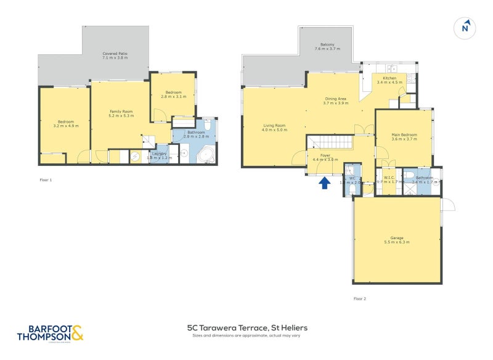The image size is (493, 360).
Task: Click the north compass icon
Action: point(466,27)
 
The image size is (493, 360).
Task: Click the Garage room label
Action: point(397,237)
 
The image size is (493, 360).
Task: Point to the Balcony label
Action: point(327,45)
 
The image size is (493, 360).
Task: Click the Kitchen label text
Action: point(389,78)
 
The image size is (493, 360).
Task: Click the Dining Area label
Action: point(336,99)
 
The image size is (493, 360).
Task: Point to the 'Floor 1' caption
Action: point(46,180)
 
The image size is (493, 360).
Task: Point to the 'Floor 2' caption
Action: point(360,298)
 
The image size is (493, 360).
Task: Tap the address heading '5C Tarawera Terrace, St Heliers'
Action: point(247,328)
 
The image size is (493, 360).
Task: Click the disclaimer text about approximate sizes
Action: point(247,337)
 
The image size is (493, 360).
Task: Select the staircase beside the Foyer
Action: point(331,142)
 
